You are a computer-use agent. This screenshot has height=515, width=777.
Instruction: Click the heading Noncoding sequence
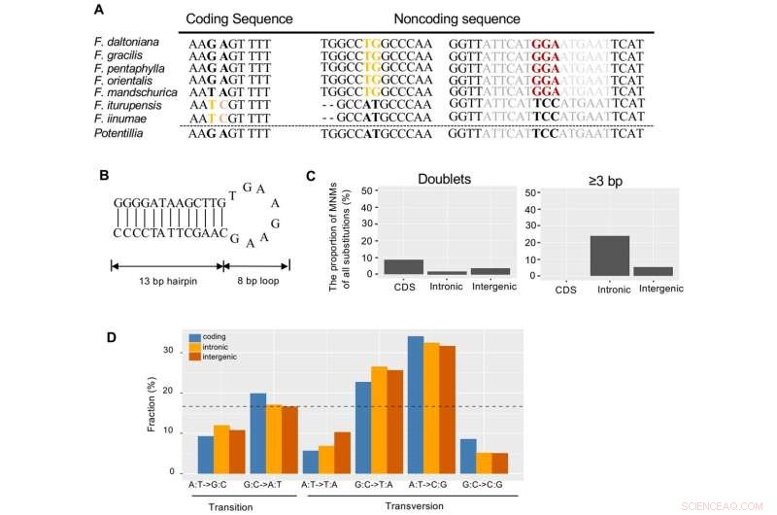point(456,17)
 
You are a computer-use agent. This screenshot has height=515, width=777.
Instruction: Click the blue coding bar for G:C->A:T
point(257,433)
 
